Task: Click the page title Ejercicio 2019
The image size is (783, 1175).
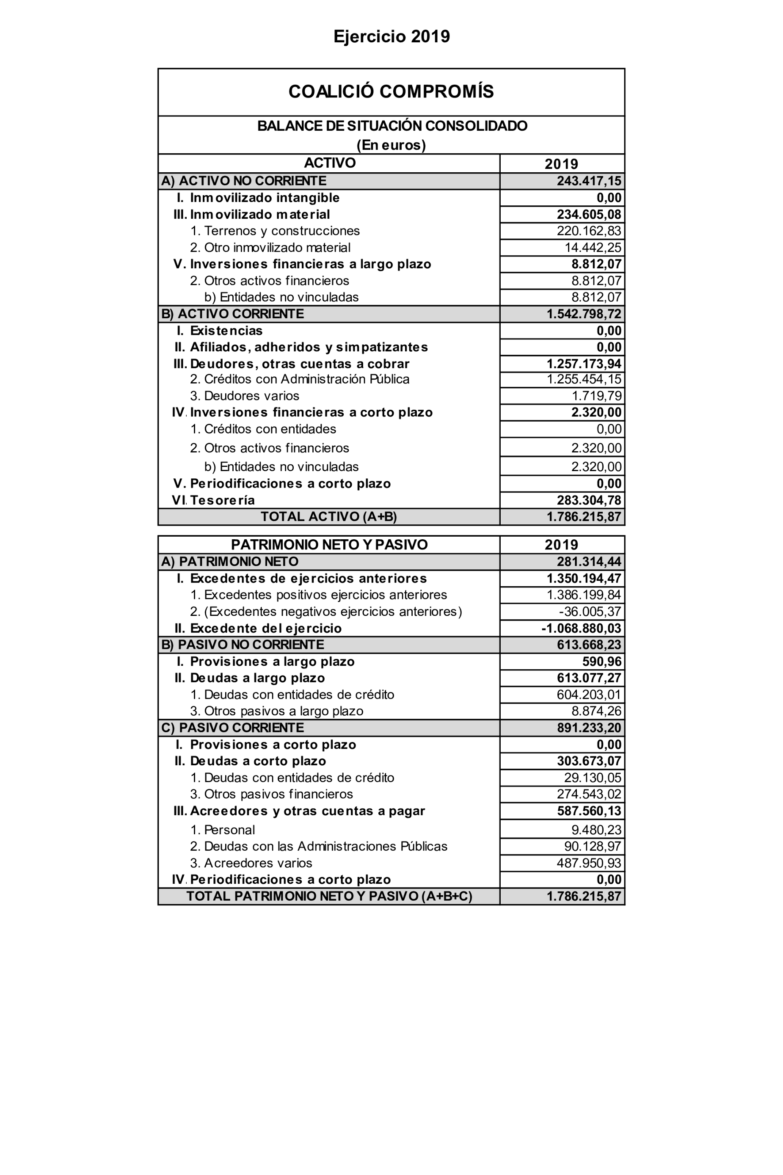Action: coord(391,36)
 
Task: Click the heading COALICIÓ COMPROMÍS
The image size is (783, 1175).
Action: coord(391,91)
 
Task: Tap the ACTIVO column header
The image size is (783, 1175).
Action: coord(330,163)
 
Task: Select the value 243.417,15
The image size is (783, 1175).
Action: coord(589,181)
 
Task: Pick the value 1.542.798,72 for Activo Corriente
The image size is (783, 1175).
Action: coord(584,314)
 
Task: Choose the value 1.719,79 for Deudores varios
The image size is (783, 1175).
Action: coord(596,396)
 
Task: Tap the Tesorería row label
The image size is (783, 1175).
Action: coord(222,500)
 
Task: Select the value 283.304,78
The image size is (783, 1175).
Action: coord(589,500)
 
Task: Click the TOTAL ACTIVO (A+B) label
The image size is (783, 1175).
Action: coord(328,516)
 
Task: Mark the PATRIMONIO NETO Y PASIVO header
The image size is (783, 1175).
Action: coord(329,544)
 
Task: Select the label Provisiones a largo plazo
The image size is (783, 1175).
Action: coord(272,661)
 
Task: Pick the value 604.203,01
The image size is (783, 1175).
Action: coord(589,695)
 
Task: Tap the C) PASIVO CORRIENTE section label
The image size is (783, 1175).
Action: coord(232,728)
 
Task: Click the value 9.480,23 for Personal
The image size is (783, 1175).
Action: coord(596,830)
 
